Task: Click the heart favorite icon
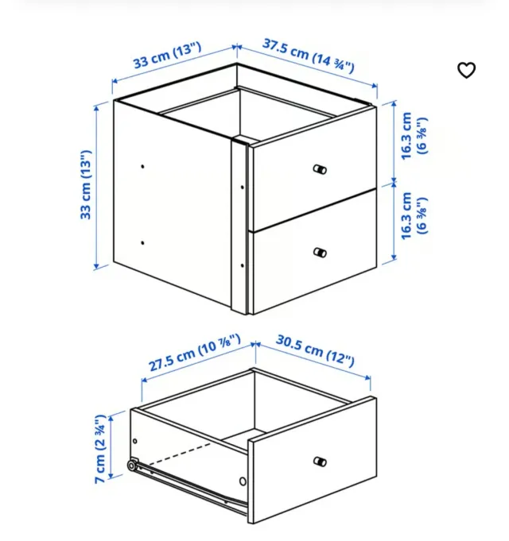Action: [466, 70]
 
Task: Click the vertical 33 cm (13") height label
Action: [86, 185]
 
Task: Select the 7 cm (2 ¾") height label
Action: [100, 450]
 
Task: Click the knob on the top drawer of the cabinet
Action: [320, 169]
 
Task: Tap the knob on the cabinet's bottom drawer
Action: [320, 253]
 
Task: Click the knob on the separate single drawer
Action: [320, 462]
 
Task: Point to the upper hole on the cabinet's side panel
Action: [142, 167]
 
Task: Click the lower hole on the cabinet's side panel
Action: [142, 244]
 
